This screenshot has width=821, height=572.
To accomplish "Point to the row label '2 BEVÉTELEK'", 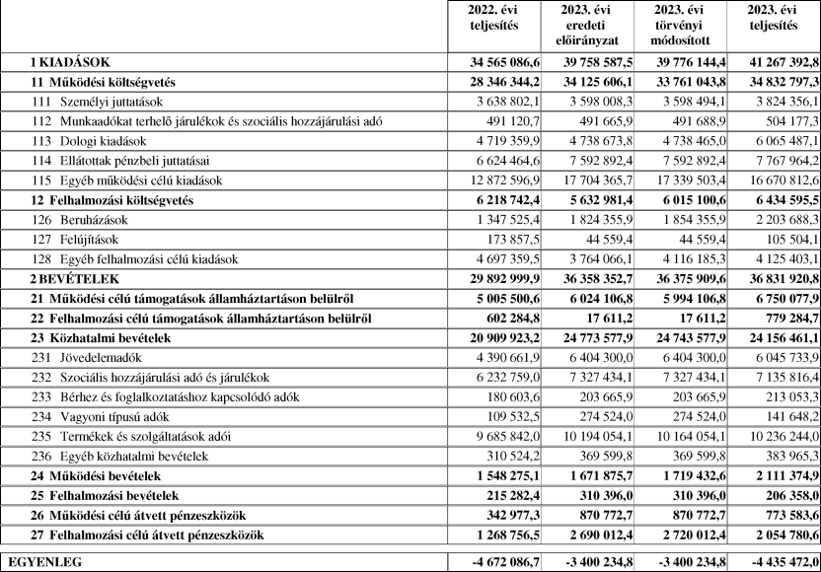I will (73, 279).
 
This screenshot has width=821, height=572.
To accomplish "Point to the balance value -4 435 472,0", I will (774, 561).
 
